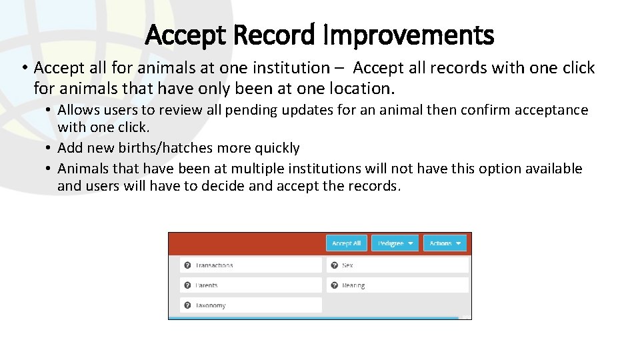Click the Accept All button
click(x=346, y=243)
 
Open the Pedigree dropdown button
click(x=395, y=243)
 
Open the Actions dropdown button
click(x=445, y=243)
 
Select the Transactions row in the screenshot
click(x=251, y=265)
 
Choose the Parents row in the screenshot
click(x=251, y=285)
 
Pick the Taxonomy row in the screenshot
click(x=251, y=305)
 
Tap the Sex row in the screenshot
click(x=397, y=265)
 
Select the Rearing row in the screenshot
click(x=397, y=285)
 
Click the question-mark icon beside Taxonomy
click(x=188, y=305)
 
